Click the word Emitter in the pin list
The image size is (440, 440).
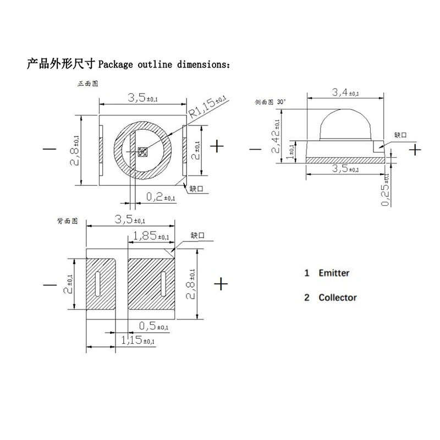pos(334,273)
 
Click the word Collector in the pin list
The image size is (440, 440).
pos(338,298)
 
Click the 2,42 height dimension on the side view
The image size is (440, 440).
pos(278,135)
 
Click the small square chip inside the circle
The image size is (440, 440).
pos(142,151)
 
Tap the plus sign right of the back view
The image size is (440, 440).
pos(221,284)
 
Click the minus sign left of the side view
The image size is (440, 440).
pos(255,149)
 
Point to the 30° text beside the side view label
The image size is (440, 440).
pos(282,102)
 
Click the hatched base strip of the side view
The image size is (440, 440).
pos(344,160)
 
